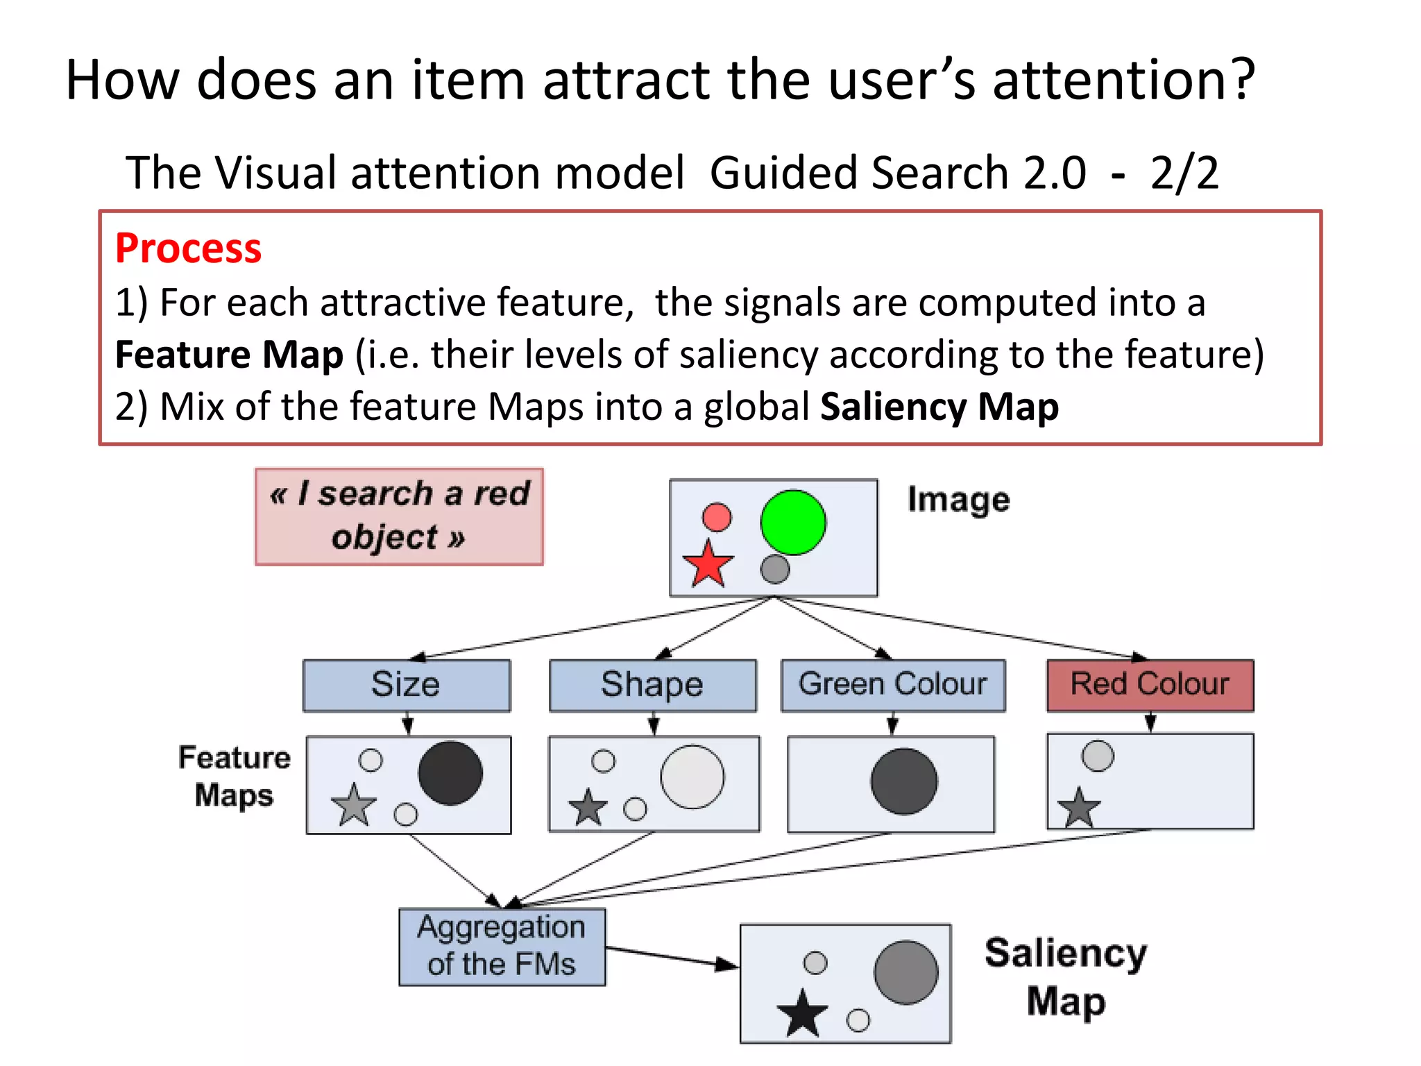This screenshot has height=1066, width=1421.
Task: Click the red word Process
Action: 188,248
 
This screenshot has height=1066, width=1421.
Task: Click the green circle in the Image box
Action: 792,522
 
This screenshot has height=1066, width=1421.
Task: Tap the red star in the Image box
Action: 708,564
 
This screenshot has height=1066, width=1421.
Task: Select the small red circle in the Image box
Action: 717,517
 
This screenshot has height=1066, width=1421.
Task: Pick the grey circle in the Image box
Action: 775,569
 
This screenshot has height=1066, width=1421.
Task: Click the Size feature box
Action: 407,685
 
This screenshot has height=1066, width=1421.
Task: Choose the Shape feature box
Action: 652,685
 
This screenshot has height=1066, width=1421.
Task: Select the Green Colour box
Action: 892,685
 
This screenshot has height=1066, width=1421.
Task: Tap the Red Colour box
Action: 1150,685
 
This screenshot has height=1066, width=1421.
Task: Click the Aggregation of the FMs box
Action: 502,946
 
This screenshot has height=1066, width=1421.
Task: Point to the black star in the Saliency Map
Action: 802,1014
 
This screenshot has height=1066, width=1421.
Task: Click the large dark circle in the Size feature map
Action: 450,773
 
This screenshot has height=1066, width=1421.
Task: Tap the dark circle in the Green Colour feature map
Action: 904,781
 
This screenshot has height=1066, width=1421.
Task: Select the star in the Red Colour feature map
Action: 1079,808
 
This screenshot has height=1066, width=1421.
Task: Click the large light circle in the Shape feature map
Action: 692,777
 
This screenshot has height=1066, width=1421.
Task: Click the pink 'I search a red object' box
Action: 399,516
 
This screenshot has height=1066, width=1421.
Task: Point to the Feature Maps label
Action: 235,776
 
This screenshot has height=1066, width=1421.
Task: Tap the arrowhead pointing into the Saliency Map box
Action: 727,965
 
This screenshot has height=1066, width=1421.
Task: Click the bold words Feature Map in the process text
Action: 229,355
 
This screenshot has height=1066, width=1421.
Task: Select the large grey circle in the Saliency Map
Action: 906,972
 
